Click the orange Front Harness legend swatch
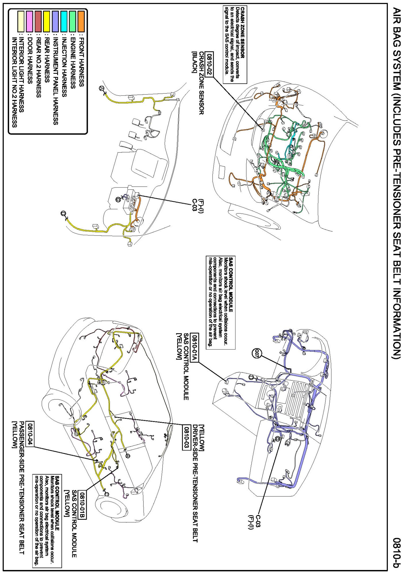coord(81,21)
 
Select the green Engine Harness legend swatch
coord(73,21)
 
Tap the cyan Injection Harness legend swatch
coord(64,21)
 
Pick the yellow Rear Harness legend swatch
coord(47,21)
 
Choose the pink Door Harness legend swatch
coord(29,21)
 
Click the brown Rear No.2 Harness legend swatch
coord(38,21)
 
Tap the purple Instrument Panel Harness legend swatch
coord(55,21)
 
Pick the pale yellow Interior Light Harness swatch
coord(21,21)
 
